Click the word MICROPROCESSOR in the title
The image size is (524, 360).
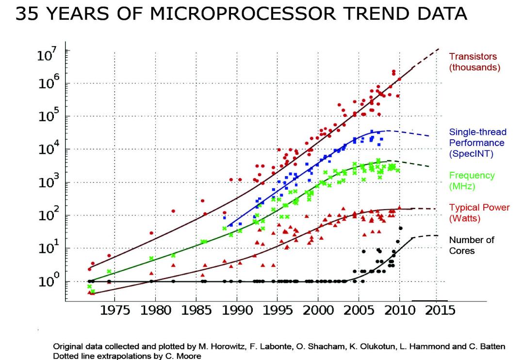pos(243,14)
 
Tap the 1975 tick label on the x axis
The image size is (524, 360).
pos(115,311)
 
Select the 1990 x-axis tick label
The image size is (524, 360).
pos(237,311)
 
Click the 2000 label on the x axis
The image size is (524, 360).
pos(318,311)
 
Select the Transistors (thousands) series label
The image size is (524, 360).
pos(475,62)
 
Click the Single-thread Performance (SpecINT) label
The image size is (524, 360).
pos(477,143)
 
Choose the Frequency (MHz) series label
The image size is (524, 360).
pos(472,180)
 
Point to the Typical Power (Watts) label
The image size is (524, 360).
pos(479,213)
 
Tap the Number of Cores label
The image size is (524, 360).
pos(472,245)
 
